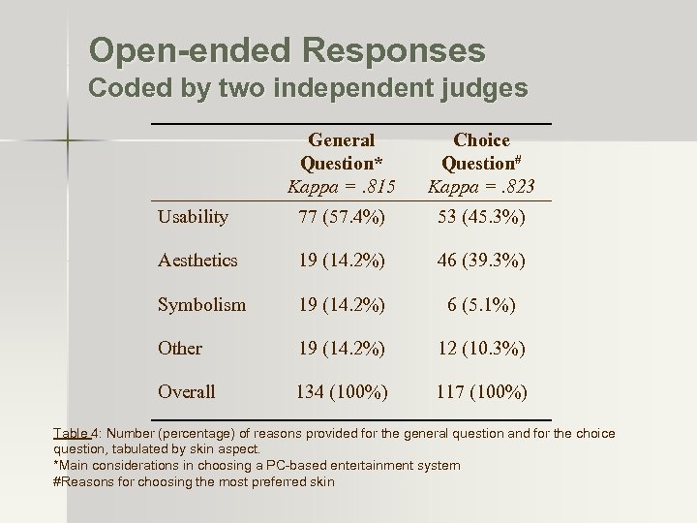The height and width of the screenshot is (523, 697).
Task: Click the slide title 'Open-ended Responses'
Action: pyautogui.click(x=287, y=49)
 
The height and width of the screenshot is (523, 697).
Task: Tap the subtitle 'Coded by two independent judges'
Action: pyautogui.click(x=308, y=89)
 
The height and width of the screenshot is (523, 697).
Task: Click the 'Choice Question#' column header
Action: pyautogui.click(x=481, y=151)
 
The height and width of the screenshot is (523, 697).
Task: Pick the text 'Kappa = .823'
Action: pyautogui.click(x=481, y=186)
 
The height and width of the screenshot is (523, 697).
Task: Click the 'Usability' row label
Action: pyautogui.click(x=194, y=217)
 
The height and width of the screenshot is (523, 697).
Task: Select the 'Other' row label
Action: pyautogui.click(x=181, y=348)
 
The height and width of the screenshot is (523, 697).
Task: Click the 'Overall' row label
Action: pyautogui.click(x=187, y=391)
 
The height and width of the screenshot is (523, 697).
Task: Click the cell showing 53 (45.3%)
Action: pyautogui.click(x=481, y=217)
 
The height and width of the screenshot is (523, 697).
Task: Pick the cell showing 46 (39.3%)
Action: pyautogui.click(x=481, y=261)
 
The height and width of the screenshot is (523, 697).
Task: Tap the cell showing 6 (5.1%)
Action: pyautogui.click(x=481, y=304)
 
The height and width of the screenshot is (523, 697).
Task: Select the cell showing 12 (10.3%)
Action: pyautogui.click(x=481, y=348)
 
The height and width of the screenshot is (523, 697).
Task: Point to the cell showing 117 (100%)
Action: pyautogui.click(x=481, y=391)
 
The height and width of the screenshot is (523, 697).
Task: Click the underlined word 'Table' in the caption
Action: pyautogui.click(x=72, y=433)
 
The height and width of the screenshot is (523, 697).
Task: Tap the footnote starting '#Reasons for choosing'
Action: pyautogui.click(x=194, y=481)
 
